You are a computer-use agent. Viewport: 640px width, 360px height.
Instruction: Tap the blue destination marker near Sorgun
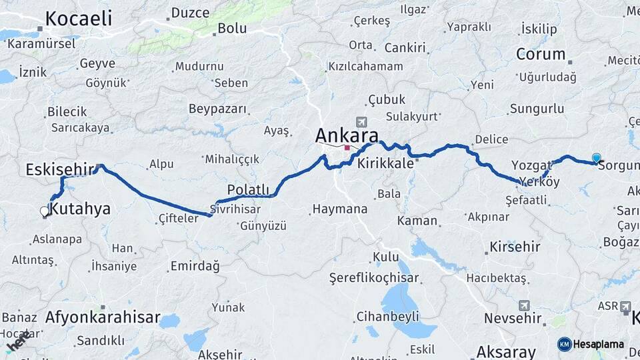pyautogui.click(x=596, y=158)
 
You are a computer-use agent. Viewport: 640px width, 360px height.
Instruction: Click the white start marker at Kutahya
pyautogui.click(x=45, y=211)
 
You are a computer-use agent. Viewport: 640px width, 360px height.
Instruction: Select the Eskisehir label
pyautogui.click(x=59, y=170)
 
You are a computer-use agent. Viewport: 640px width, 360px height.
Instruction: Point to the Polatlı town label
pyautogui.click(x=248, y=189)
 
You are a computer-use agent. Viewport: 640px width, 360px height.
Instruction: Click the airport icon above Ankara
pyautogui.click(x=361, y=122)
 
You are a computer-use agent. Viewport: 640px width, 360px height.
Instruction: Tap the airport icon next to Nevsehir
pyautogui.click(x=523, y=306)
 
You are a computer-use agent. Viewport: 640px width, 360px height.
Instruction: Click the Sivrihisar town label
pyautogui.click(x=235, y=208)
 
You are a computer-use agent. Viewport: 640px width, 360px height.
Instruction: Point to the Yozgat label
pyautogui.click(x=531, y=165)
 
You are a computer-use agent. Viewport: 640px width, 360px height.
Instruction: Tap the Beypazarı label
pyautogui.click(x=218, y=109)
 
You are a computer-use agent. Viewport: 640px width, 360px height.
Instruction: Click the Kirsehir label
pyautogui.click(x=515, y=247)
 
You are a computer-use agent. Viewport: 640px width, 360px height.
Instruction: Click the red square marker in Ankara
pyautogui.click(x=347, y=148)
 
